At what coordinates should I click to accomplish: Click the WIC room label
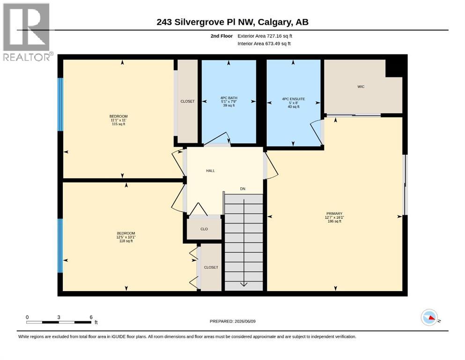coord(361,87)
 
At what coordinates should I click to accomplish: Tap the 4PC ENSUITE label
coord(293,99)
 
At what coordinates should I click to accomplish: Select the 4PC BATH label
coord(229,98)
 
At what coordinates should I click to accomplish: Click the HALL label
coord(210,171)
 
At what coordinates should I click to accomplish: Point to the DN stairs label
coord(243,189)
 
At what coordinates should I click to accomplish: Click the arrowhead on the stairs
coord(244,285)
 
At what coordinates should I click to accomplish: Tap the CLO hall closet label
coord(204,229)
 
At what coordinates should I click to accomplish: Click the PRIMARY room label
coord(334,213)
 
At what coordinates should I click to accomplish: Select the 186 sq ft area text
coord(334,221)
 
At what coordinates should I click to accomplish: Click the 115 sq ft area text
coord(118,124)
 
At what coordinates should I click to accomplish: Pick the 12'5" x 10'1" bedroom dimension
coord(126,237)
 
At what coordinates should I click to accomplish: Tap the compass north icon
coord(429,317)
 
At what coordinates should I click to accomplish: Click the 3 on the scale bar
coord(59,317)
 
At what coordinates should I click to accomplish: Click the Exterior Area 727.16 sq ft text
coord(265,36)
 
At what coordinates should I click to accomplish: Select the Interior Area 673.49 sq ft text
coord(264,44)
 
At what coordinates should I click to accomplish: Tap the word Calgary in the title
coord(274,22)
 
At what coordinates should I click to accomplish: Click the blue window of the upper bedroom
coord(60,105)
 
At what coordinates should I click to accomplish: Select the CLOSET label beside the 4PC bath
coord(187,101)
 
